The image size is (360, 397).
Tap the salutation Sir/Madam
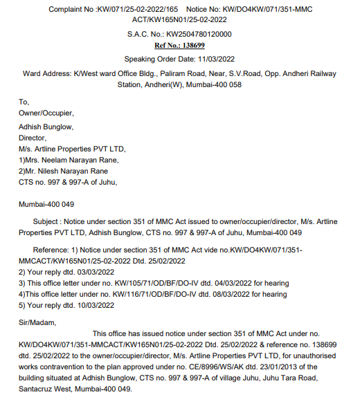pyautogui.click(x=37, y=322)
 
